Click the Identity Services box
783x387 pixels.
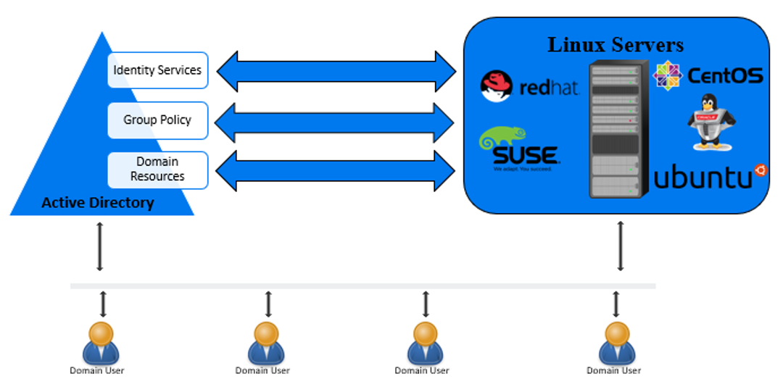158,70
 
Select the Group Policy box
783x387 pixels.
158,120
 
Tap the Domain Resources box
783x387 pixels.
158,170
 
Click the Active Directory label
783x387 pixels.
98,203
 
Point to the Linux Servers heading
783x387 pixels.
615,45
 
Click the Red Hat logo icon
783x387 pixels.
497,86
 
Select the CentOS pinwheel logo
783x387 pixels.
666,75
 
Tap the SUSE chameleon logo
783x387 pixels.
502,138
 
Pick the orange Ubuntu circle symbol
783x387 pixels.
761,170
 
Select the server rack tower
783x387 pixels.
618,130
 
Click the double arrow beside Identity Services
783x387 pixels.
336,71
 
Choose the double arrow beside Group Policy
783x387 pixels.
335,122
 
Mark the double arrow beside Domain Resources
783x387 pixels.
335,170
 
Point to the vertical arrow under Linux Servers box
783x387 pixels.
621,246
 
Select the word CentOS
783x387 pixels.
724,76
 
